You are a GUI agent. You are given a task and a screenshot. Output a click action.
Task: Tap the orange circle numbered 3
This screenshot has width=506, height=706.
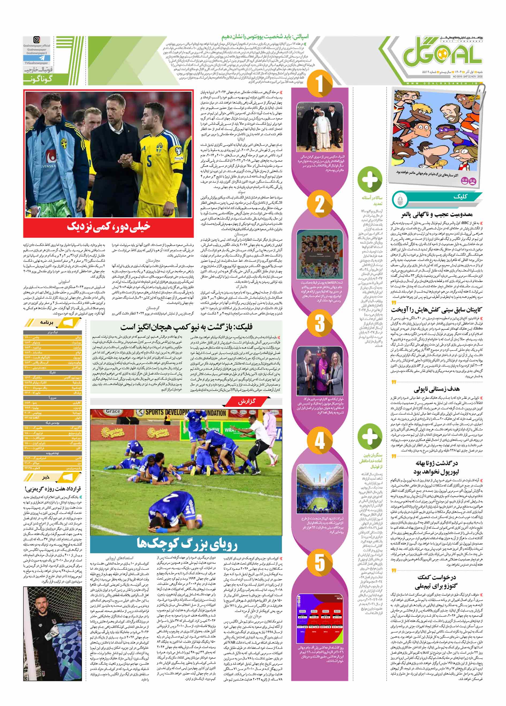tap(320, 323)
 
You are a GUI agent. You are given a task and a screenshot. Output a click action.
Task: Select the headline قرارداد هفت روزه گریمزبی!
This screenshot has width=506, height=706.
tap(52, 489)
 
